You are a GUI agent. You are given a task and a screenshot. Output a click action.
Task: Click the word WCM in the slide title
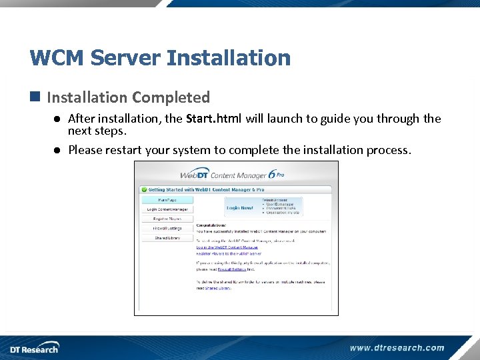(x=57, y=58)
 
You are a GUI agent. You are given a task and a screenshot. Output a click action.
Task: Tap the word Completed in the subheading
(x=171, y=97)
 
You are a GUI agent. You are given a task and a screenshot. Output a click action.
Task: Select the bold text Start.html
(x=214, y=119)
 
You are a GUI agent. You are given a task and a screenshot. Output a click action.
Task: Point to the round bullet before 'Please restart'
(x=58, y=150)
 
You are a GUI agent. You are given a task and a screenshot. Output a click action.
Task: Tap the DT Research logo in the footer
(x=34, y=348)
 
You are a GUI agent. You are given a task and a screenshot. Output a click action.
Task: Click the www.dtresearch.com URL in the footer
(x=397, y=347)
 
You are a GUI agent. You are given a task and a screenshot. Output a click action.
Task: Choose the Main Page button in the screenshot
(x=167, y=199)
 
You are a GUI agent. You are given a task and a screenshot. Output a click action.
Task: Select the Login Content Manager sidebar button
(x=167, y=209)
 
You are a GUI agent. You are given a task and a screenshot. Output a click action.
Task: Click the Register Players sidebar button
(x=167, y=219)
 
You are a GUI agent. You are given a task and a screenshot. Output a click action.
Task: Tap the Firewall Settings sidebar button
(x=167, y=229)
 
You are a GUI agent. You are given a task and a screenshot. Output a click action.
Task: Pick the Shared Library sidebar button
(x=167, y=238)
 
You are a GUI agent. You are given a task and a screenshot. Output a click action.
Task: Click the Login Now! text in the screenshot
(x=240, y=208)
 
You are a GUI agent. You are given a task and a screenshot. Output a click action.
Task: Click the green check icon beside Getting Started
(x=143, y=189)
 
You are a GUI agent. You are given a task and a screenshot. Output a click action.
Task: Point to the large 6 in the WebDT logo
(x=272, y=175)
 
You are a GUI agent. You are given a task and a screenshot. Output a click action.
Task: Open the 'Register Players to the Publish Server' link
(x=229, y=254)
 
